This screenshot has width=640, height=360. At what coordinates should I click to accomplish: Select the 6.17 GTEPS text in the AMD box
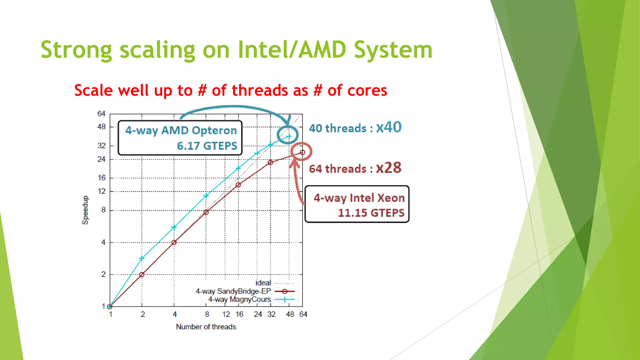(x=207, y=146)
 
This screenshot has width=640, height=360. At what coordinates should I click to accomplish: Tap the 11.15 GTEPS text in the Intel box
(x=371, y=213)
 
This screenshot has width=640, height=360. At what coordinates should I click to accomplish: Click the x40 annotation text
(x=388, y=127)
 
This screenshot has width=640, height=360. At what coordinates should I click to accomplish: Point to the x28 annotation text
(x=388, y=168)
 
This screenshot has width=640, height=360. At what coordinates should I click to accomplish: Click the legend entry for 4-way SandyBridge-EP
(x=233, y=291)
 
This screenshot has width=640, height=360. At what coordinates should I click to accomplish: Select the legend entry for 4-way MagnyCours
(x=239, y=299)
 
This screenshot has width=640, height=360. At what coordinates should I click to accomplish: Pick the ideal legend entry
(x=263, y=283)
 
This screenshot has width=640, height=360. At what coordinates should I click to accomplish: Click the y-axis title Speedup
(x=85, y=210)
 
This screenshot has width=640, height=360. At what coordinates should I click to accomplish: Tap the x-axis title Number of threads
(x=206, y=327)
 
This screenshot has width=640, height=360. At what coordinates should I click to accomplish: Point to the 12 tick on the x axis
(x=226, y=314)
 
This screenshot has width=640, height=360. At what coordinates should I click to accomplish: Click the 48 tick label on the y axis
(x=101, y=127)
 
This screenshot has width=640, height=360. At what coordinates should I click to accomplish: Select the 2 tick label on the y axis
(x=103, y=274)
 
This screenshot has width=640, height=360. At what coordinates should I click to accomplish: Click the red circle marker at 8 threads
(x=206, y=212)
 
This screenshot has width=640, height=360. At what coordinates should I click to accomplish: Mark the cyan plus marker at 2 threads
(x=142, y=258)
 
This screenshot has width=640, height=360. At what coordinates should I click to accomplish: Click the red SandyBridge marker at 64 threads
(x=302, y=152)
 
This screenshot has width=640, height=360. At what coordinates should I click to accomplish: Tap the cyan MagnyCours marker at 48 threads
(x=289, y=136)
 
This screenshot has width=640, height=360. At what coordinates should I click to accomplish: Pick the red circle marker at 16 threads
(x=238, y=185)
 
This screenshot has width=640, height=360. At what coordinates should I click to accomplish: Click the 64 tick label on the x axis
(x=303, y=314)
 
